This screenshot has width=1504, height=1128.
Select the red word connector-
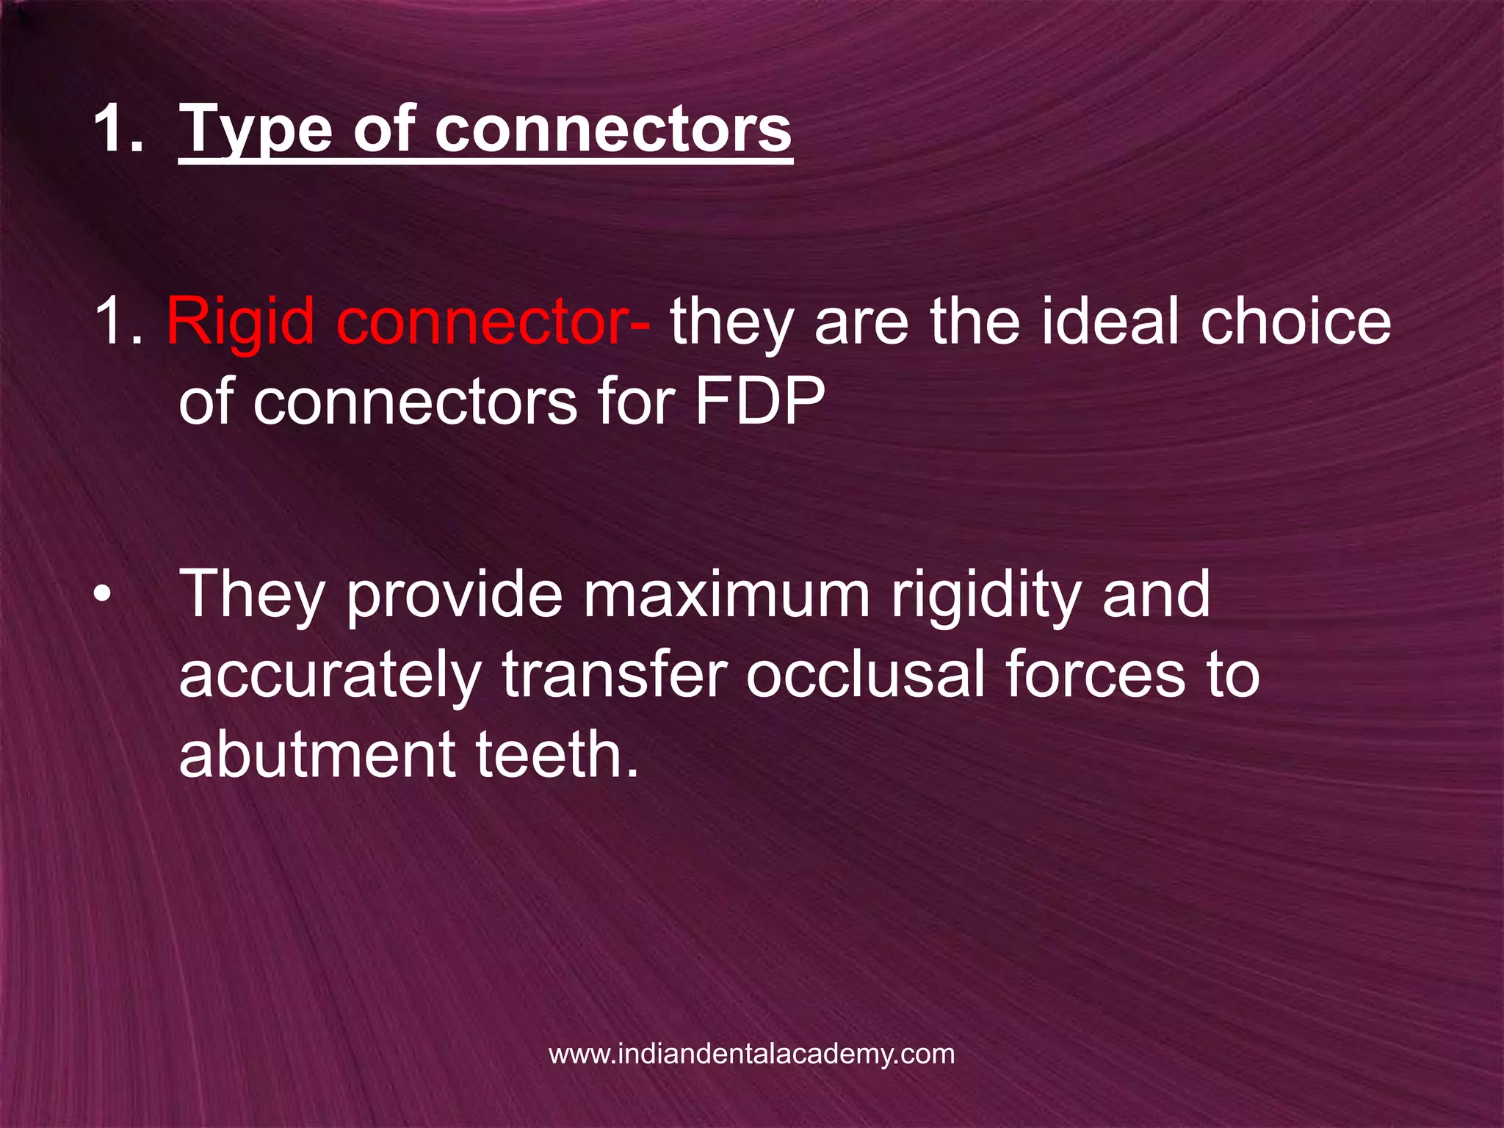tap(493, 322)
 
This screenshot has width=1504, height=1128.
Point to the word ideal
tap(1113, 322)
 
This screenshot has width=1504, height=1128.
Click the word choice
tap(1295, 322)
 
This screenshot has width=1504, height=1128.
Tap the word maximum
tap(726, 594)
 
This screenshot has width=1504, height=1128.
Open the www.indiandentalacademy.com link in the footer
tap(751, 1054)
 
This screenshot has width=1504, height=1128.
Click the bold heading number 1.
tap(117, 131)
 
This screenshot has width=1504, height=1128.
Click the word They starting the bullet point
tap(254, 594)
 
